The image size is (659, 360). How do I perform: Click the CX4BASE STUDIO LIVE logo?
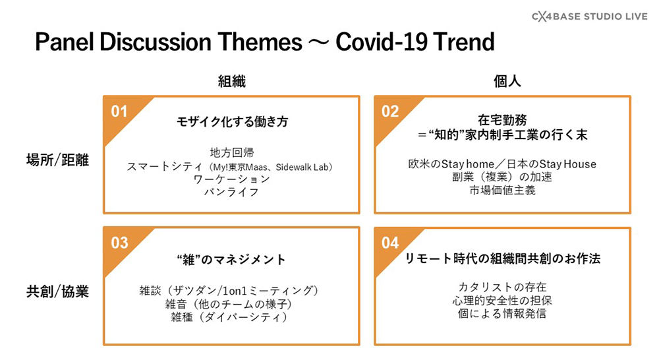590,16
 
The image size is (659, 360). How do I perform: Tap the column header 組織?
231,81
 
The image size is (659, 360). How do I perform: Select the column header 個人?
507,81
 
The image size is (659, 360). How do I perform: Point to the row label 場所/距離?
57,160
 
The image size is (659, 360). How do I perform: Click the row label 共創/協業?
57,291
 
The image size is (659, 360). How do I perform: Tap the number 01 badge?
119,111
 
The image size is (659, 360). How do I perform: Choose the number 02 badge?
390,111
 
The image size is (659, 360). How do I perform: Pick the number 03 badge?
119,243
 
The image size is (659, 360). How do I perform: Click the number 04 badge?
390,243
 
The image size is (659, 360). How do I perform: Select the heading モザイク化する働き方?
232,121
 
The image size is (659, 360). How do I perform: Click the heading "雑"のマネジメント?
231,260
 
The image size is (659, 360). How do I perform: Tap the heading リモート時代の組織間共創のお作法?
503,258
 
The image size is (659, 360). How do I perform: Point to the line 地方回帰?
232,153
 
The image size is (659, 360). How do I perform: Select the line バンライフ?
231,192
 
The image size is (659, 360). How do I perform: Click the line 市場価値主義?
503,191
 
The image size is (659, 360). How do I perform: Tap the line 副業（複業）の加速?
502,177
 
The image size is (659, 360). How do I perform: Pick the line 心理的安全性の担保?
502,300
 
